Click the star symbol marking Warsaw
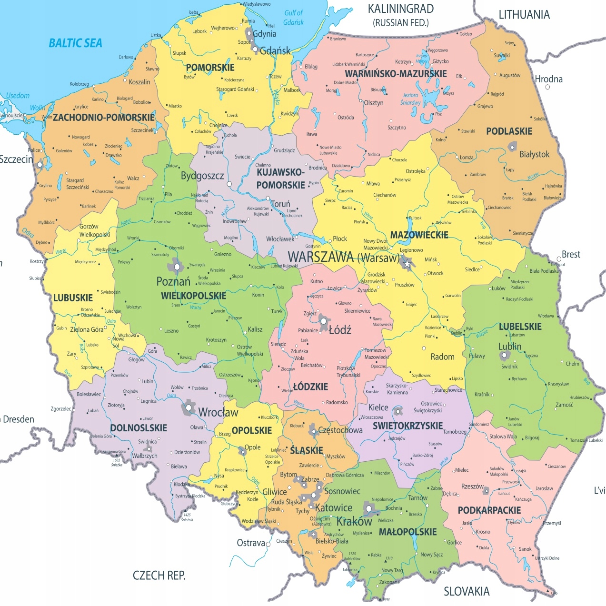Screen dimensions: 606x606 407,263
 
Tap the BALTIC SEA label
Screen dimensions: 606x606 75,43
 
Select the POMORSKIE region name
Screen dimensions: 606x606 210,68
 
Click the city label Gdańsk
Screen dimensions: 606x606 275,50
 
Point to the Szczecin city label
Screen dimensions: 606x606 16,159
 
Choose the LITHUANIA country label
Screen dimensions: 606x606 524,15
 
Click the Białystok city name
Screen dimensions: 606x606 534,154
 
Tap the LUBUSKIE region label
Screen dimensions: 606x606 73,298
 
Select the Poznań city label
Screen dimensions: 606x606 173,281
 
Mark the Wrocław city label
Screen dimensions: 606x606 218,412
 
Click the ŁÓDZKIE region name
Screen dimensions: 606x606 310,387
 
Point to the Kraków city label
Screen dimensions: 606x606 354,522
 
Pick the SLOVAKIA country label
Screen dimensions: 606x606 466,591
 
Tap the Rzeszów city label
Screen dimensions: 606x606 472,487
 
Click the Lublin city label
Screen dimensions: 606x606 510,347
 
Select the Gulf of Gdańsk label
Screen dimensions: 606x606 293,18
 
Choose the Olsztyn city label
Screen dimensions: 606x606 373,103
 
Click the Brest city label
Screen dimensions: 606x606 571,255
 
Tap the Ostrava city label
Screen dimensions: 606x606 251,543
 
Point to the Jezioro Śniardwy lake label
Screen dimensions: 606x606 410,99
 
